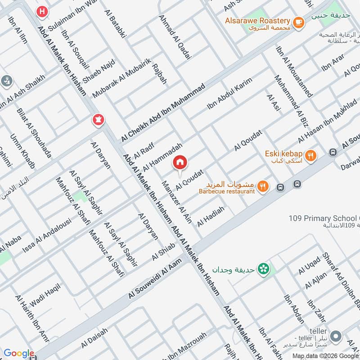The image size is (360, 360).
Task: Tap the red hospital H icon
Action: [x=42, y=12]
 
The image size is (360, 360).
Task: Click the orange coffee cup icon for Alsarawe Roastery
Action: [x=297, y=21]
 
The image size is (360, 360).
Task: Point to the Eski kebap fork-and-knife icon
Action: [x=310, y=156]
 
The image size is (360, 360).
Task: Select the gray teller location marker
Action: [x=335, y=336]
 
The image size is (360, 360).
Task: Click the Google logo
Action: [x=18, y=354]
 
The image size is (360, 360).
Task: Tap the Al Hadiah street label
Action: [x=211, y=214]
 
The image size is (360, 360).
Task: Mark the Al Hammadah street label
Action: [x=162, y=157]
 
